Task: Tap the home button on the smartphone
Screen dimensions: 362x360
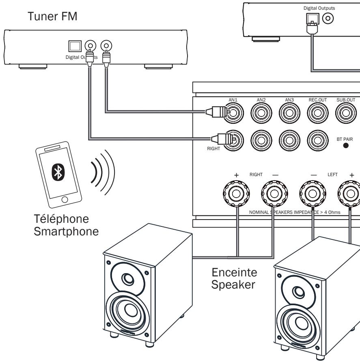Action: point(65,199)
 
